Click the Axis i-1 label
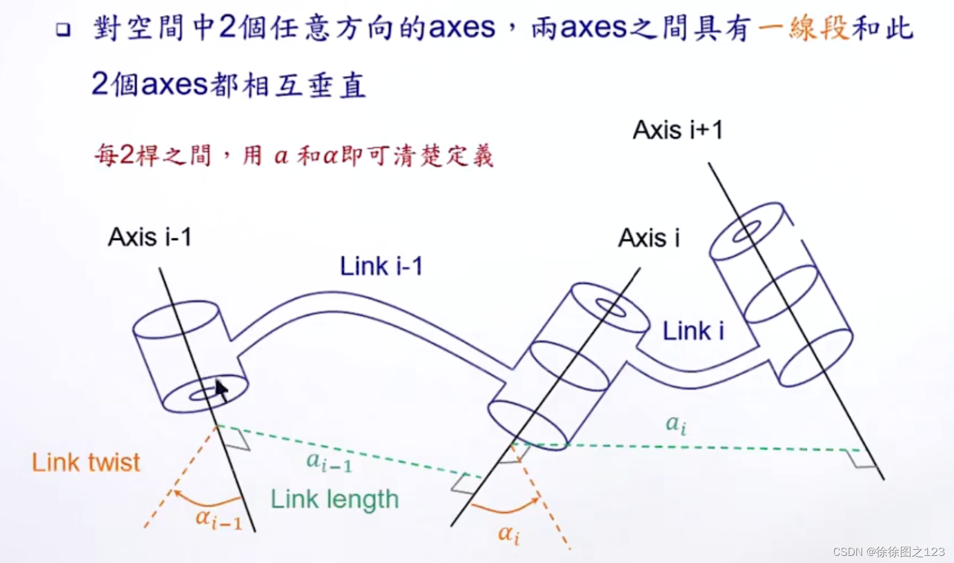(150, 237)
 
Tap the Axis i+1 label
(678, 130)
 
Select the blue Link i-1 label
(381, 266)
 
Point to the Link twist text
(86, 462)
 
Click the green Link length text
(334, 499)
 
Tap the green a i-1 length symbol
(328, 461)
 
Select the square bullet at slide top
(63, 30)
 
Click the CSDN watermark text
(888, 552)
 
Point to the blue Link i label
(693, 331)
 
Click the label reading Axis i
(648, 238)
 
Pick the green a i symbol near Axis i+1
(676, 424)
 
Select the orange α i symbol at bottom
(508, 534)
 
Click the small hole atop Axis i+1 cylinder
(747, 231)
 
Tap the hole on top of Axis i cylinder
(611, 307)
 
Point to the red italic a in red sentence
(281, 157)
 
